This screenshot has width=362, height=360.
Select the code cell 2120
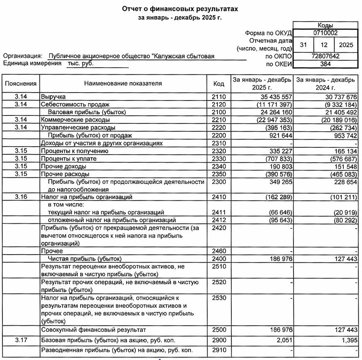click(x=219, y=105)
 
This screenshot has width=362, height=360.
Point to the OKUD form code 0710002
click(x=325, y=33)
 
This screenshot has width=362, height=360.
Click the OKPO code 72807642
click(x=325, y=56)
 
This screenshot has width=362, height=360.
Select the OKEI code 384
click(x=325, y=64)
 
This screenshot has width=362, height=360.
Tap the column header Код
click(x=219, y=83)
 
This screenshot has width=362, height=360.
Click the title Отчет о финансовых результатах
click(x=180, y=9)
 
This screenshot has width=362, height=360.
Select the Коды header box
click(x=325, y=25)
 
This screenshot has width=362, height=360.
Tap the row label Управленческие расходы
click(x=78, y=127)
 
